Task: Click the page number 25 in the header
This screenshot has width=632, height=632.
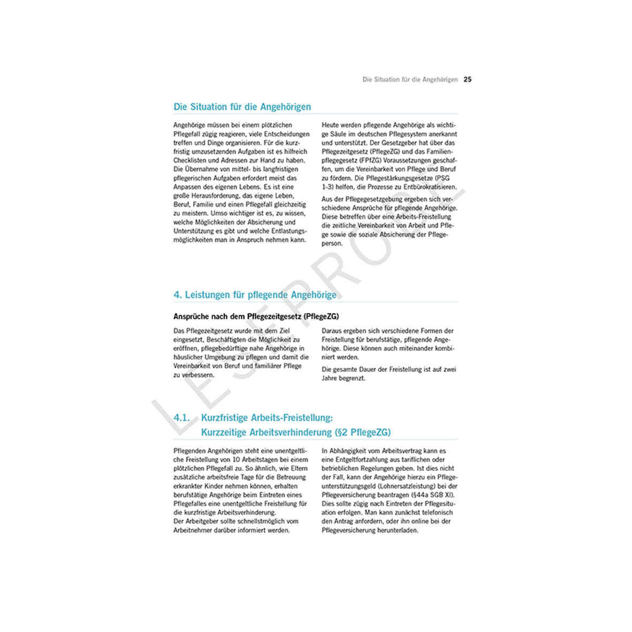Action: click(468, 80)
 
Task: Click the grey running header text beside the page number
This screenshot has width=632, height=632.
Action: click(410, 80)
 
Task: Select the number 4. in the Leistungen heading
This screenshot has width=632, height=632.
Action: click(178, 295)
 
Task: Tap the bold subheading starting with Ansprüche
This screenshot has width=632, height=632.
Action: click(256, 316)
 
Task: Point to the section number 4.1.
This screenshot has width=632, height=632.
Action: click(182, 418)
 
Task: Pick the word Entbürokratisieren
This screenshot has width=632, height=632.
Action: click(428, 187)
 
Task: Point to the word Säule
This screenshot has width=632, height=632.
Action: click(342, 134)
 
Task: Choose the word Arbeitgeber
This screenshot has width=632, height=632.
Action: click(203, 521)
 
